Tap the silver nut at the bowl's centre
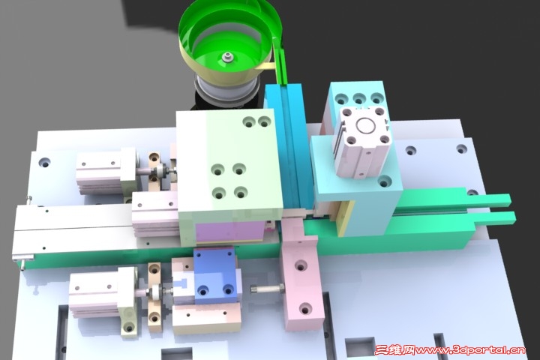point(226,57)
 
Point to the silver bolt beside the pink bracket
point(267,289)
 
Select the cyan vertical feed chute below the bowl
point(286,148)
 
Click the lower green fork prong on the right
point(495,218)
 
